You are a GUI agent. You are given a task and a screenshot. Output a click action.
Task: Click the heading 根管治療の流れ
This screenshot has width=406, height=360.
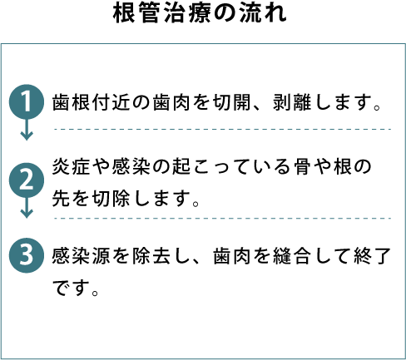[200, 13]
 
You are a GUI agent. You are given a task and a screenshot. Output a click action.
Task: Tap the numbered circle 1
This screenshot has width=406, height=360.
[27, 102]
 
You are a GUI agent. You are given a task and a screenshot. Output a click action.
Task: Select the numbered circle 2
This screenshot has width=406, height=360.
[27, 180]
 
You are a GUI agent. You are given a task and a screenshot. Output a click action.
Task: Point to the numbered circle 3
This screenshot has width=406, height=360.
[27, 255]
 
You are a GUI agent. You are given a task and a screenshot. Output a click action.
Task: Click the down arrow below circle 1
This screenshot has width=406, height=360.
[27, 130]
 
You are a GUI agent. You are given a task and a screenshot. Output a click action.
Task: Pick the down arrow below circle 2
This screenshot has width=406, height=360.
[27, 208]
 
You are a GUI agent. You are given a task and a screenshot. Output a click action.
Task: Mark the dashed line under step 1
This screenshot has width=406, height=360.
[222, 129]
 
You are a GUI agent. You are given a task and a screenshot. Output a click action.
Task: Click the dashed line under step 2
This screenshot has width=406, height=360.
[222, 219]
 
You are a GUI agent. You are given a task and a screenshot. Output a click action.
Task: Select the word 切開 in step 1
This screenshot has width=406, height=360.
[232, 102]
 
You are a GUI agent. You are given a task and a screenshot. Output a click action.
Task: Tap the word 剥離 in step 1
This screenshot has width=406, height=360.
[292, 102]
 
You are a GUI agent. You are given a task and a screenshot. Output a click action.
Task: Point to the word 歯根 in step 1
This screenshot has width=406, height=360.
[71, 102]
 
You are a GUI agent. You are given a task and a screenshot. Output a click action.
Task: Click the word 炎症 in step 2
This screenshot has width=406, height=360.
[71, 167]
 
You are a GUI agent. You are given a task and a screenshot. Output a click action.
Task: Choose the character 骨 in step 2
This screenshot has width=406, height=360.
[303, 167]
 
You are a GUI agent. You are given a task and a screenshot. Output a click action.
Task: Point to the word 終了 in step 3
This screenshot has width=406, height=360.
[372, 256]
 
